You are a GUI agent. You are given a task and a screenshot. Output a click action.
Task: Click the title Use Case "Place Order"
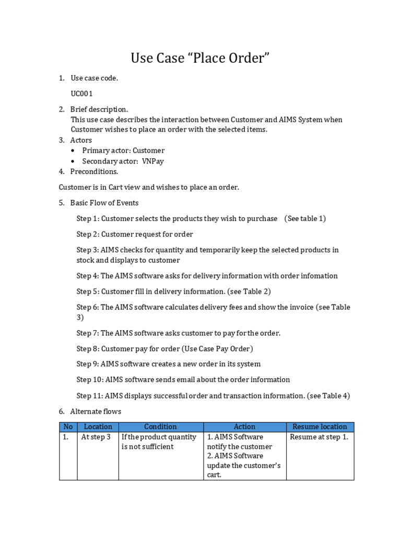coord(200,57)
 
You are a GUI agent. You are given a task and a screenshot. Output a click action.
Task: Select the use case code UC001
coord(81,94)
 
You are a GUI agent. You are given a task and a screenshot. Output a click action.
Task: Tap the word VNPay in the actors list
coord(153,161)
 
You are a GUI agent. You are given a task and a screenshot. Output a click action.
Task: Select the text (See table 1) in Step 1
coord(305,218)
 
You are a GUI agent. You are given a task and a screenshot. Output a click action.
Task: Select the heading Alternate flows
coord(95,411)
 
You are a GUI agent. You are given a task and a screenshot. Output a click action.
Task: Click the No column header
coord(68,427)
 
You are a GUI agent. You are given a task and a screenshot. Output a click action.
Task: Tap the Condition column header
coord(160,427)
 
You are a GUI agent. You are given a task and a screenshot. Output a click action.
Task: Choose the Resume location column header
coord(320,427)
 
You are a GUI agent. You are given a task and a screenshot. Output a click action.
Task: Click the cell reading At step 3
coord(96,437)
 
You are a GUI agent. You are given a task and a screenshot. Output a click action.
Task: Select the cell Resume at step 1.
coord(319,437)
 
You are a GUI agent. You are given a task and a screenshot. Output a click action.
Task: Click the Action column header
coord(244,427)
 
